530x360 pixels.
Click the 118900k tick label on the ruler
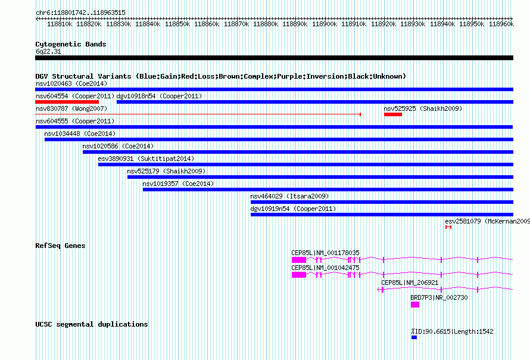325,24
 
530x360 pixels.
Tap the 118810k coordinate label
60,24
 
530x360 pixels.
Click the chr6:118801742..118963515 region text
81,13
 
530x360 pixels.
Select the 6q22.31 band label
48,51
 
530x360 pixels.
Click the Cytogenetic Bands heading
71,44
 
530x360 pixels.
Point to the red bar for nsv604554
67,102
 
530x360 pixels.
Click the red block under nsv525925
393,114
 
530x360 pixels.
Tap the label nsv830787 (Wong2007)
71,108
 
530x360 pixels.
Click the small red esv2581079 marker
448,227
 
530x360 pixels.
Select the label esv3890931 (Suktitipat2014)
146,159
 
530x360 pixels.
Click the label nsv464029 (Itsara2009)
289,196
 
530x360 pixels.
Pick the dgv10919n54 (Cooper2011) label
293,209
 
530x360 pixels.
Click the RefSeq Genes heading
60,246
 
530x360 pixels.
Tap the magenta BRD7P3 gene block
415,305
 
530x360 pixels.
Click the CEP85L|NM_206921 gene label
410,283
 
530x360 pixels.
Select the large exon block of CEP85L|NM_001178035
299,260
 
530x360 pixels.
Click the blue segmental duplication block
414,337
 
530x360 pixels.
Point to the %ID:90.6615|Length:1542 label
452,331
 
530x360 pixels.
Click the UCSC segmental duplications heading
92,324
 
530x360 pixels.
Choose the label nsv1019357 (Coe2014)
178,184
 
